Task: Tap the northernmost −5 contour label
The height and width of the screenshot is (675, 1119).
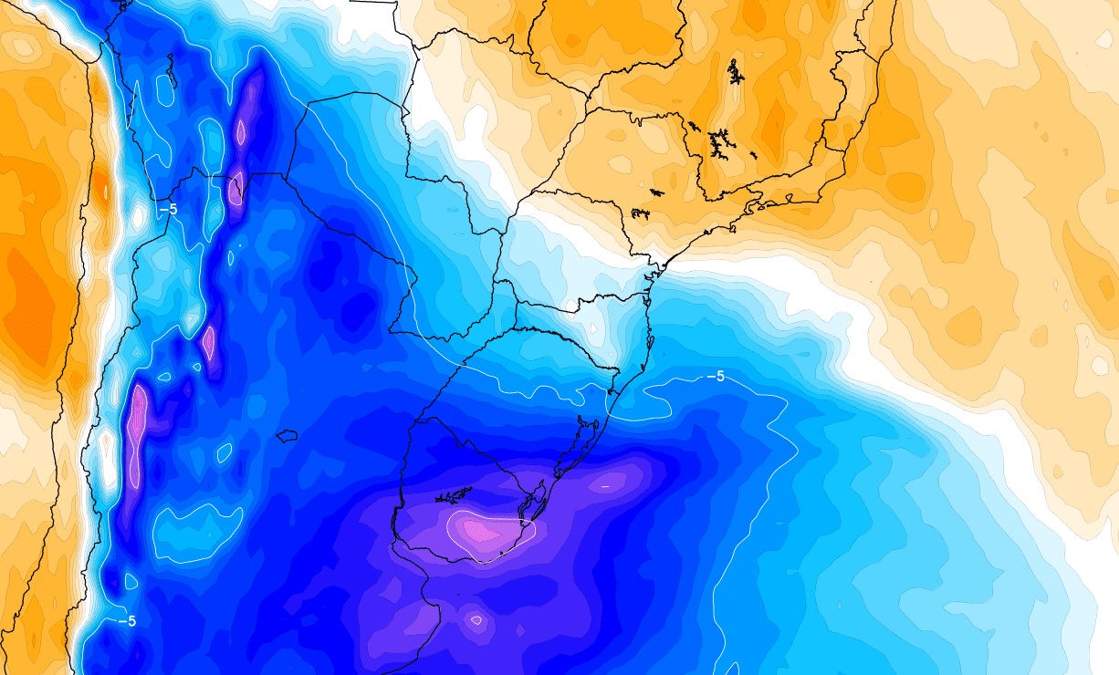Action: (168, 209)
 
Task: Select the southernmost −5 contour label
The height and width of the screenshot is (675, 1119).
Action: (127, 621)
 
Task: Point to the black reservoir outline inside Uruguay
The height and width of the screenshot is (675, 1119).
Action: (454, 496)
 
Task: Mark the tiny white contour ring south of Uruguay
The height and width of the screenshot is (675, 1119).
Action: (476, 620)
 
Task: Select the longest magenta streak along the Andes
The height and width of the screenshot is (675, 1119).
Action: (138, 424)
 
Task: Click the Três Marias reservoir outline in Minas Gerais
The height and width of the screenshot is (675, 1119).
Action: (734, 72)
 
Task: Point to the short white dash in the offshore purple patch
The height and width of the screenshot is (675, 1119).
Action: (604, 487)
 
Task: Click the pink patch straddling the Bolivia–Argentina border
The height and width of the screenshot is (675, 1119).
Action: (235, 189)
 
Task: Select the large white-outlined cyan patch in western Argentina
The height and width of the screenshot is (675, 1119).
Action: (196, 531)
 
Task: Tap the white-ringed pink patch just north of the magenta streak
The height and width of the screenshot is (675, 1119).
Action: (209, 342)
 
